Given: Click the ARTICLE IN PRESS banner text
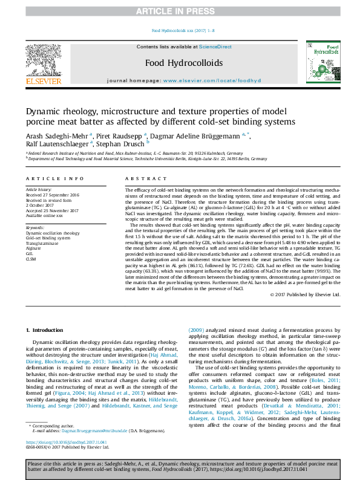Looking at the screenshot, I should click(180, 11).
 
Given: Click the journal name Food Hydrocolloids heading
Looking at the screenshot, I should click(175, 63).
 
